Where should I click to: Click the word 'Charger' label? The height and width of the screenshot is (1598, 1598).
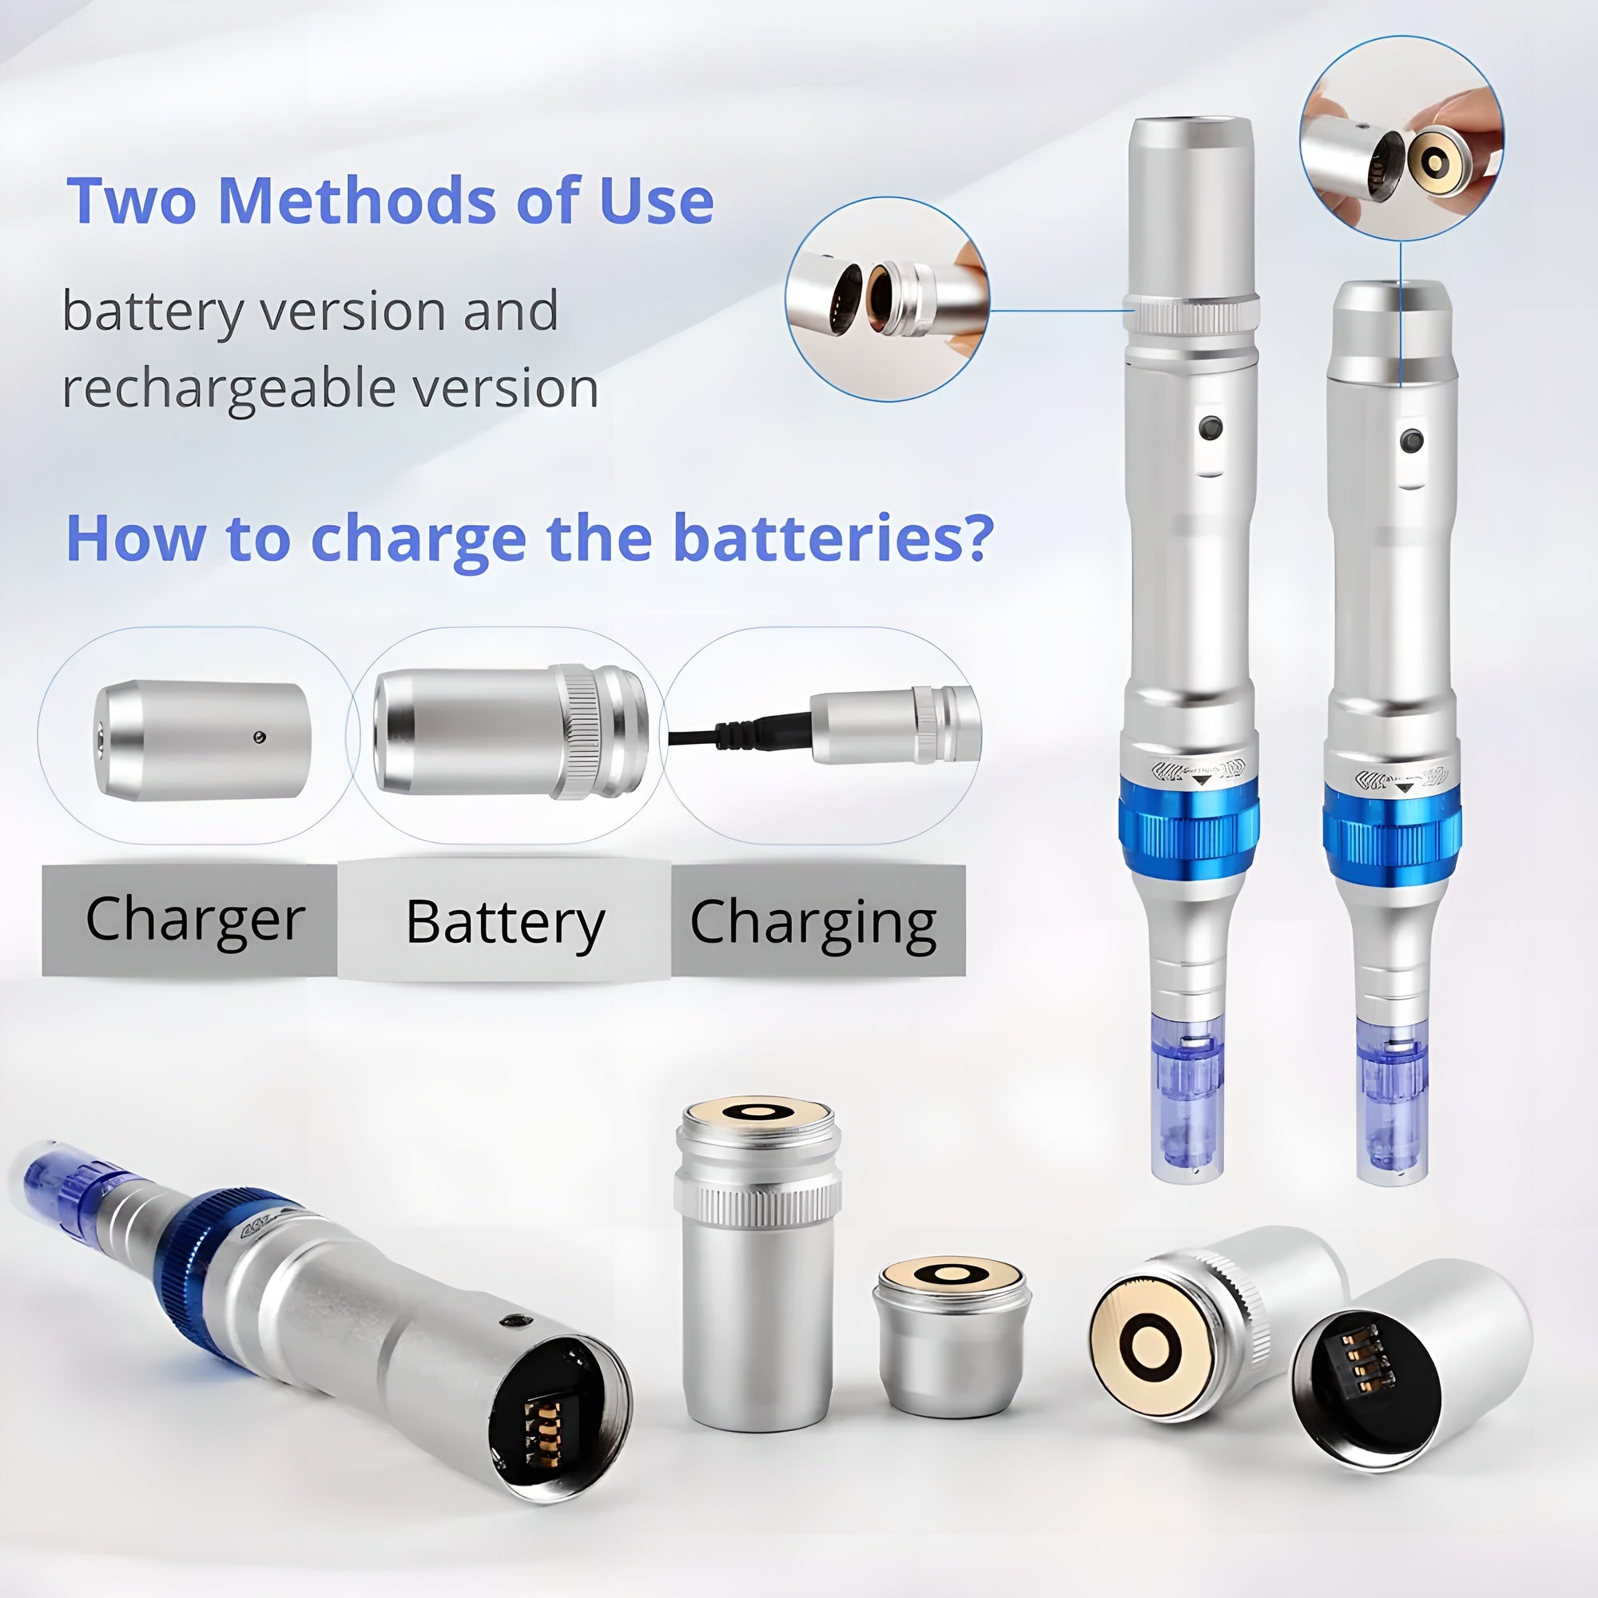(x=195, y=920)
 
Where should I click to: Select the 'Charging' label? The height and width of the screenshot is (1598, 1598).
(x=813, y=922)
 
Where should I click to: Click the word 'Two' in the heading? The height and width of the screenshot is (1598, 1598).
(x=133, y=201)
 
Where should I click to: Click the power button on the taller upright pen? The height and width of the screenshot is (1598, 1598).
(x=1211, y=428)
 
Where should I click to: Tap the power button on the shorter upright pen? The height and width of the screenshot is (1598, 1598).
(x=1411, y=440)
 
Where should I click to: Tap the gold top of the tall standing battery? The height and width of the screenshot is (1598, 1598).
(x=758, y=1111)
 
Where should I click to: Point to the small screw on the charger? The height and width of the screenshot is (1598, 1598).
(x=260, y=736)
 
